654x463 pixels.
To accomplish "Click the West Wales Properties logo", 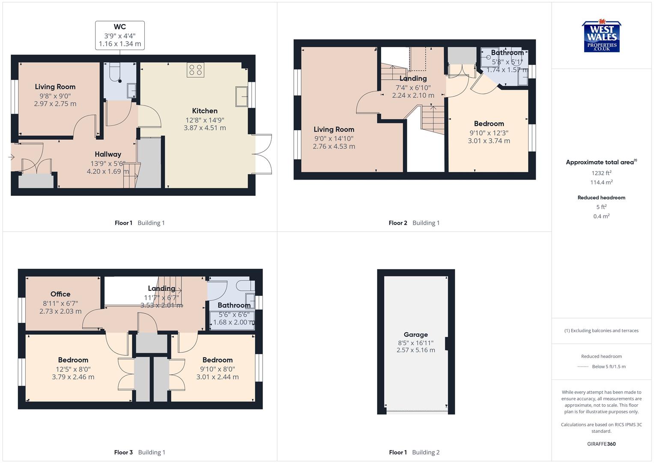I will point(601,37).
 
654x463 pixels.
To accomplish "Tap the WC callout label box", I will point(120,36).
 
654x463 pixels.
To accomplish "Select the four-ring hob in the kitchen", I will point(195,70).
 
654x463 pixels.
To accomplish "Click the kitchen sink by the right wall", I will point(242,96).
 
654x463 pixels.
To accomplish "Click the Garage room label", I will point(415,335).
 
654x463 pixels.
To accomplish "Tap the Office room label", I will point(60,294).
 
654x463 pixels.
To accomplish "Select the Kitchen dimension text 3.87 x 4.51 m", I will point(205,128).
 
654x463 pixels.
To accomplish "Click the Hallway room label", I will point(108,154).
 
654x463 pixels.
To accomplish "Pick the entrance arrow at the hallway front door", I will point(11,157).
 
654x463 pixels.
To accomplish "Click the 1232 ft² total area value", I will point(601,173).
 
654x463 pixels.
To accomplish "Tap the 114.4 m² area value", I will point(601,183).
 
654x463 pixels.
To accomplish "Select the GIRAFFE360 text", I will point(601,444).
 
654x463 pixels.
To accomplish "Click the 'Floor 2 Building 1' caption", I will point(414,223).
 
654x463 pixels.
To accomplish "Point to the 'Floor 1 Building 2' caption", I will point(414,452).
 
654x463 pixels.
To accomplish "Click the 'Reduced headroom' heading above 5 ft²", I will point(601,198).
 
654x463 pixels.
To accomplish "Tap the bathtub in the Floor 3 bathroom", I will point(232,321).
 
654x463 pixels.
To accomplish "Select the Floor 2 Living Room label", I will point(334,129).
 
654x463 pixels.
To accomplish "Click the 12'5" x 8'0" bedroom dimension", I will point(73,369).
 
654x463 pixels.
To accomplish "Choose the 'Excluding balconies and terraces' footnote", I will point(601,331).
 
